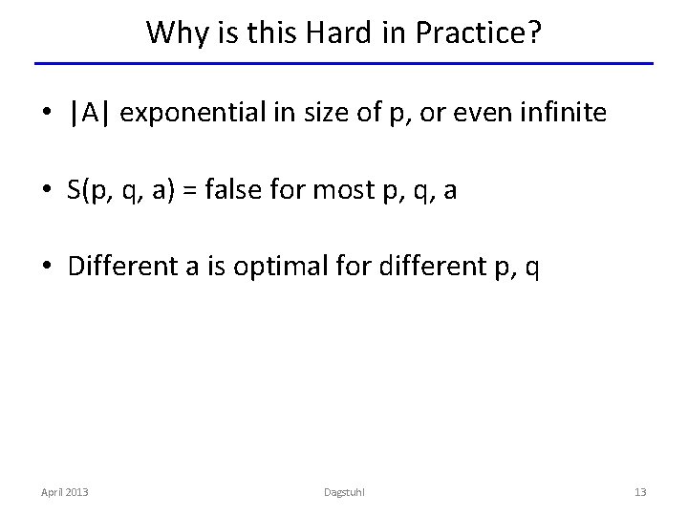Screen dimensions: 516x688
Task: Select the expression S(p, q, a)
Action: click(x=119, y=191)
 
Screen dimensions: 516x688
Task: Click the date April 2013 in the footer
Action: click(x=64, y=492)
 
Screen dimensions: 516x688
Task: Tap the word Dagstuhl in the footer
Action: click(x=343, y=492)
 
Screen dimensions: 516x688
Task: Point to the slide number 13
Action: click(x=641, y=492)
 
